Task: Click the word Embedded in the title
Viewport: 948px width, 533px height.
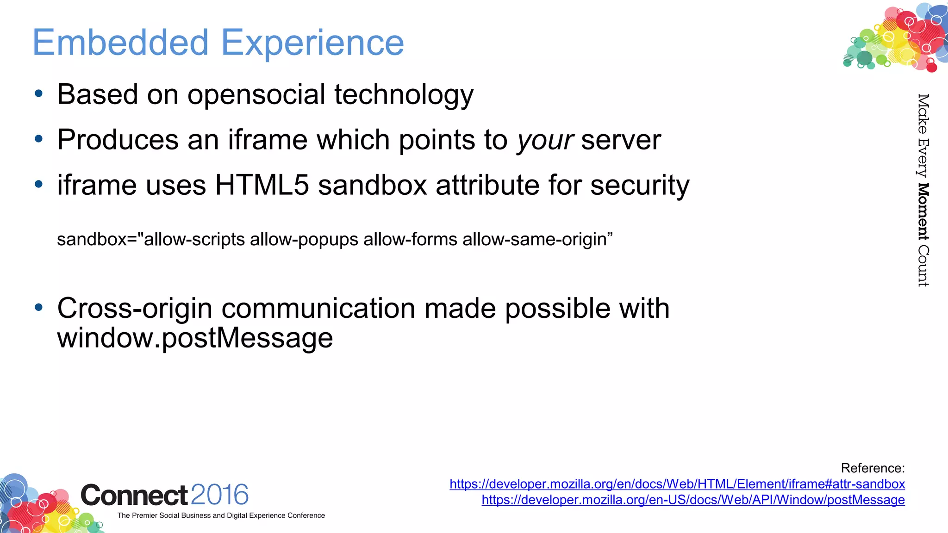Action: click(x=120, y=43)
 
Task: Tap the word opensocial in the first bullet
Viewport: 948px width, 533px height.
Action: click(x=256, y=95)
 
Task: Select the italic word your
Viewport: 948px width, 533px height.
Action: click(x=545, y=140)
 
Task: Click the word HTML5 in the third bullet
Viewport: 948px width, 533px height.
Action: click(x=262, y=186)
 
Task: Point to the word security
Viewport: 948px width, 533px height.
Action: click(x=640, y=186)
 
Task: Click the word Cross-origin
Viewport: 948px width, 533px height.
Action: click(x=135, y=309)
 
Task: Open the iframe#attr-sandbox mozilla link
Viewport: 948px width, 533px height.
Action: click(x=677, y=484)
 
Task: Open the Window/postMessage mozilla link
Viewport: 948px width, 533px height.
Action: click(x=693, y=500)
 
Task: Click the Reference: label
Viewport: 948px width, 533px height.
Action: click(x=872, y=468)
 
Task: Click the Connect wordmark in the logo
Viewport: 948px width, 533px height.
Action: click(x=134, y=495)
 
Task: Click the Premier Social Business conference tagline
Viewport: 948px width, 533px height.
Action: click(x=221, y=515)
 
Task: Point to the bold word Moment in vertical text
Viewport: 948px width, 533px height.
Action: click(x=923, y=211)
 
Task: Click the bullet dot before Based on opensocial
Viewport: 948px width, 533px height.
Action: click(x=39, y=94)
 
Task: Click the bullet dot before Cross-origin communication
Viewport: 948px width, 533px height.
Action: click(x=39, y=307)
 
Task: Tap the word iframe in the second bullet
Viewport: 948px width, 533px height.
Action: click(x=268, y=140)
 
